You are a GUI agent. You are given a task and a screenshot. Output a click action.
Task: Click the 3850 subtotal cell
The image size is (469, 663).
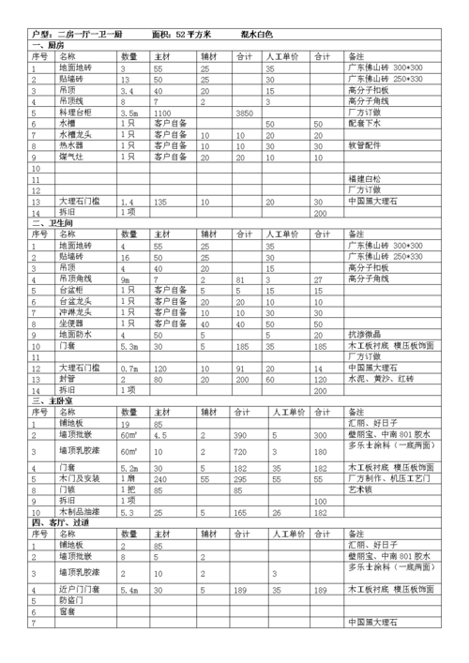pos(246,112)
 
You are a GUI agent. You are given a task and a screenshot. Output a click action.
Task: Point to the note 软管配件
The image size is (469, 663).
pos(367,145)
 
